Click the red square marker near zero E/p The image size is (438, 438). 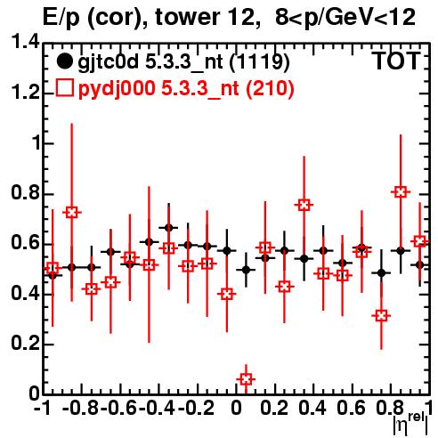tap(246, 379)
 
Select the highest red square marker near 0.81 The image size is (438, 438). tap(401, 192)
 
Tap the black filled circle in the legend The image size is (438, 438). tap(64, 61)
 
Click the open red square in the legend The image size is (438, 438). tap(64, 87)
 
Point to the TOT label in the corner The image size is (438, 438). tap(396, 61)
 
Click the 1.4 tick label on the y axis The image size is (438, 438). tap(25, 42)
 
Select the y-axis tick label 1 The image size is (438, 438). tap(36, 143)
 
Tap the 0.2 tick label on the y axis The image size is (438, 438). tap(25, 344)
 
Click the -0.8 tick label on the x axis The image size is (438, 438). tap(81, 408)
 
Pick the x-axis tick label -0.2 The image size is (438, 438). tap(197, 408)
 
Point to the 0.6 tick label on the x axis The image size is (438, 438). tap(352, 408)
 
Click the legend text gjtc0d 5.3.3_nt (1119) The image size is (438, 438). tap(183, 62)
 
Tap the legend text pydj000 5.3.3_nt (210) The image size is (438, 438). tap(186, 89)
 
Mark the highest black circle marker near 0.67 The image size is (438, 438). tap(168, 228)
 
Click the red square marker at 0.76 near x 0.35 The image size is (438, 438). tap(304, 205)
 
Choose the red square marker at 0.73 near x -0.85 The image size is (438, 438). tap(71, 212)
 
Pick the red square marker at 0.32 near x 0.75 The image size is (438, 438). tap(381, 316)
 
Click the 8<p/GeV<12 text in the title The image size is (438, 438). tap(345, 17)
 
